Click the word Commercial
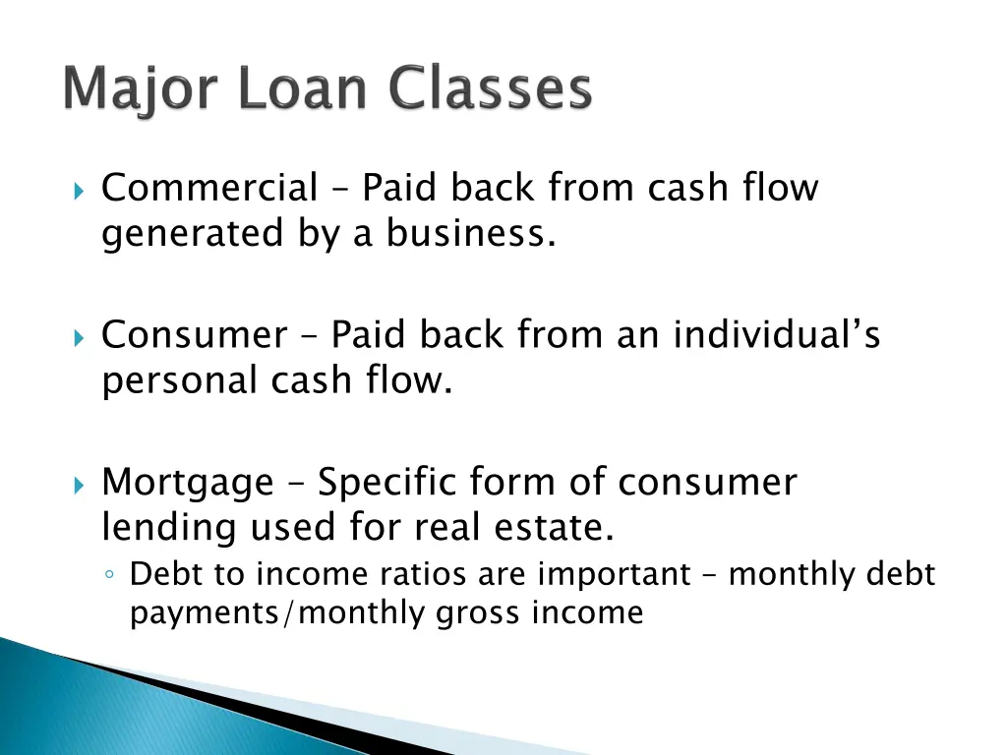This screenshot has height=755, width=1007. tap(209, 187)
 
